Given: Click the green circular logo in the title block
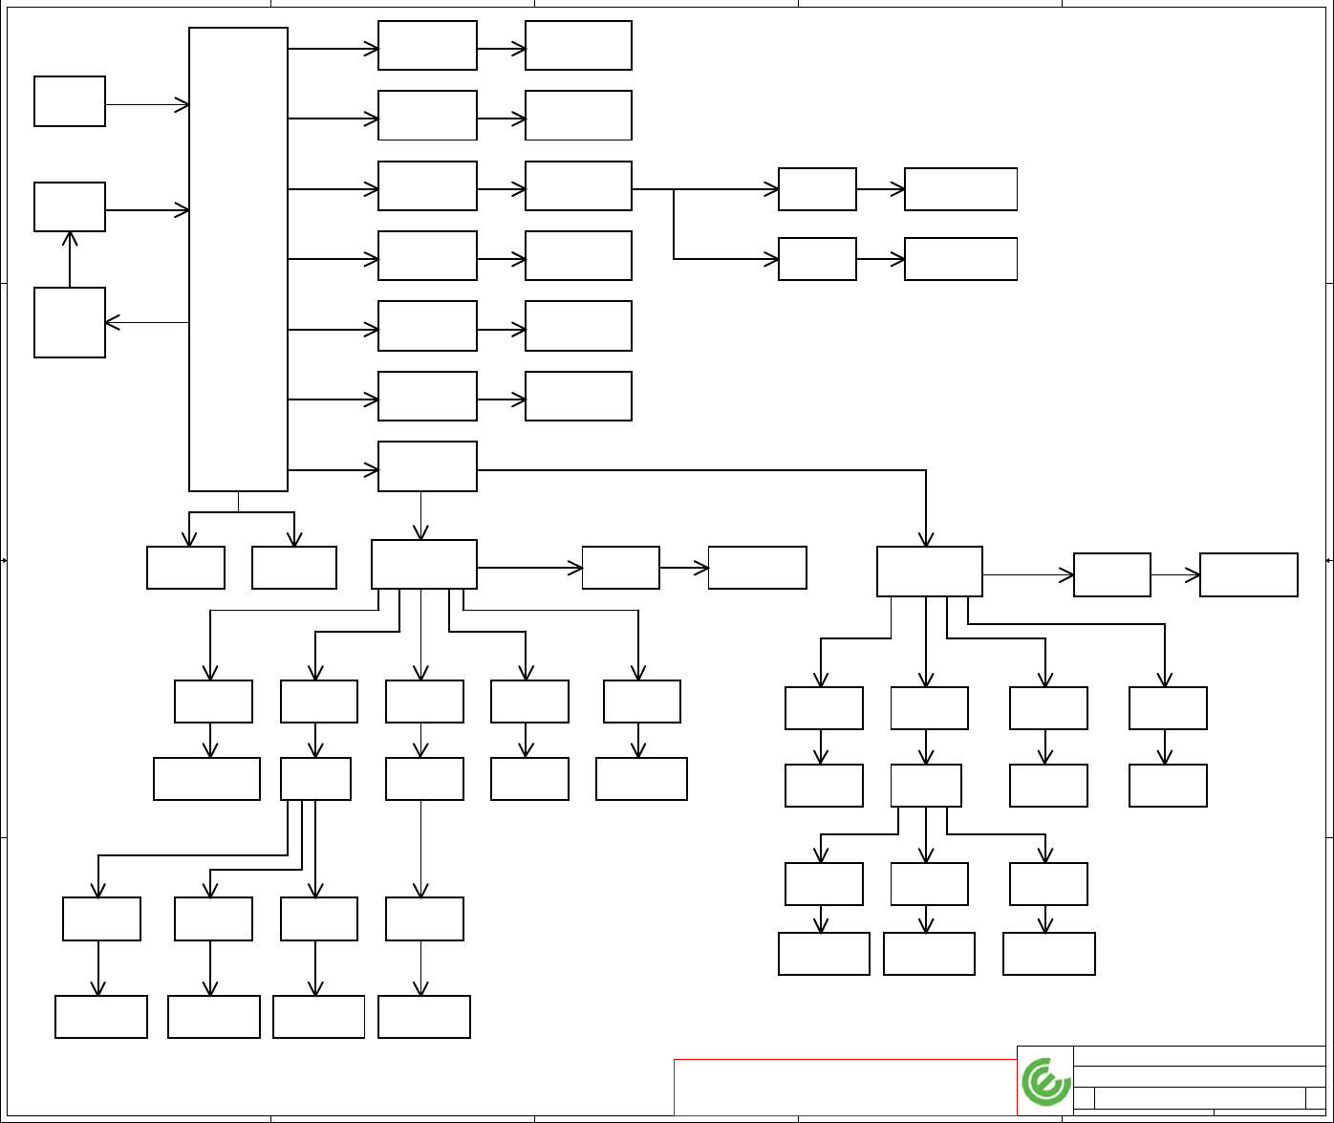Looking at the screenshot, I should tap(1045, 1082).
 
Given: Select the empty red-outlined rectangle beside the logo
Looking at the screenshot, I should tap(845, 1087).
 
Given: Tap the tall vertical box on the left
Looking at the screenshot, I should tap(238, 259).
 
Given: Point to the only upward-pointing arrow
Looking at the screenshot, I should tap(70, 239).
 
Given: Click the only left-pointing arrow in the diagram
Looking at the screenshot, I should tap(113, 323).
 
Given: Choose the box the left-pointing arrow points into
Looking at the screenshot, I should tap(70, 322).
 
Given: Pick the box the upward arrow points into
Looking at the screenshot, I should tap(70, 206).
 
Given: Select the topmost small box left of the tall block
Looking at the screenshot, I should tap(70, 101).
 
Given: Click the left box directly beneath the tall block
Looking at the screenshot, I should tap(185, 568).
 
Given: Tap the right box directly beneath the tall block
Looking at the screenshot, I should tap(294, 568).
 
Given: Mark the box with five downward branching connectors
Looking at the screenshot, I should tap(424, 564).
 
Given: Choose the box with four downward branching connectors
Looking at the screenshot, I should tap(930, 572).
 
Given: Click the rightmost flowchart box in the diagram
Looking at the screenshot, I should tap(1248, 574).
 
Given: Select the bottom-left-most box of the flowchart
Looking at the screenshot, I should tap(101, 1016).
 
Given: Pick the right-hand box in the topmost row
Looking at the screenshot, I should tap(578, 45).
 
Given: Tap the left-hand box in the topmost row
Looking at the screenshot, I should tap(427, 45).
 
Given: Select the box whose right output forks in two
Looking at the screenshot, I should tap(578, 185).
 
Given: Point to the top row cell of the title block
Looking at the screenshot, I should tap(1198, 1055).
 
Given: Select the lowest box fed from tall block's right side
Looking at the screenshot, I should tap(427, 466).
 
